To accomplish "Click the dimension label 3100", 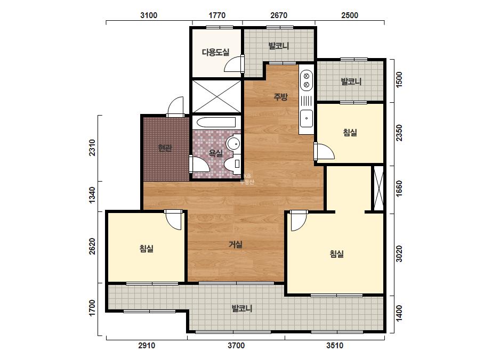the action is [149, 15].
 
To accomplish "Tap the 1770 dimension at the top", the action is [217, 15].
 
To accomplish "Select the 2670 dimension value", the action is [279, 15].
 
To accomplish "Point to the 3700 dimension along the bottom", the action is [236, 346].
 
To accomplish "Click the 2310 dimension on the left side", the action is [92, 148].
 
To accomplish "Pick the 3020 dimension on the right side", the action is [399, 254].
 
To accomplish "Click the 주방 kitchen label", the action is [280, 97].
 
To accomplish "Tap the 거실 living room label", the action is [236, 244].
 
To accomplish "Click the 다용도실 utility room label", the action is [215, 52].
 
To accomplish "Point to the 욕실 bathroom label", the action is [215, 153].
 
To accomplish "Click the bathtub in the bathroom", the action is [214, 122].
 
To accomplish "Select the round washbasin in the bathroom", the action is [233, 144].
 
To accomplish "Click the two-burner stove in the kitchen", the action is [307, 80].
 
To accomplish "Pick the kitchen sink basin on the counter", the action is [307, 119].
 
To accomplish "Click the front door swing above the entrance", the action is [175, 107].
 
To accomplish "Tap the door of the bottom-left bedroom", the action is [173, 220].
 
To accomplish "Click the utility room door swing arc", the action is [233, 64].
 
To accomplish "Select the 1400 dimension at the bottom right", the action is [399, 313].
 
